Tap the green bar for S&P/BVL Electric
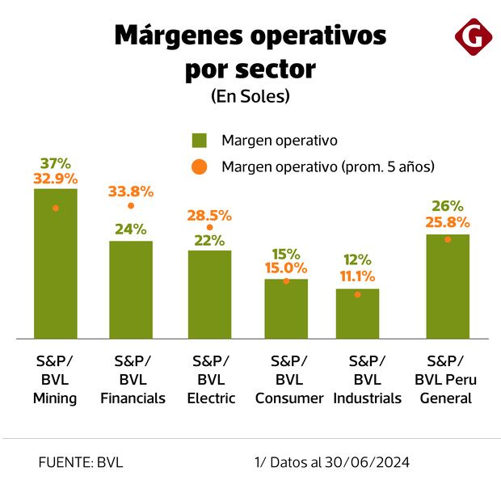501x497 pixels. pyautogui.click(x=209, y=294)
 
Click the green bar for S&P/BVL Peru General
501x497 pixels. pyautogui.click(x=447, y=286)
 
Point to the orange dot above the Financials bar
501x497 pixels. pyautogui.click(x=131, y=206)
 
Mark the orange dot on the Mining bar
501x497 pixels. pyautogui.click(x=56, y=208)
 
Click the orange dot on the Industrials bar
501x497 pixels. pyautogui.click(x=357, y=294)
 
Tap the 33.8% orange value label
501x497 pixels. pyautogui.click(x=131, y=192)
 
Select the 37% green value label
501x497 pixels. pyautogui.click(x=56, y=163)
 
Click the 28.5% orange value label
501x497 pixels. pyautogui.click(x=209, y=216)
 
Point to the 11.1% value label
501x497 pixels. pyautogui.click(x=357, y=276)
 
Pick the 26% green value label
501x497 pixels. pyautogui.click(x=447, y=206)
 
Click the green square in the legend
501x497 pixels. pyautogui.click(x=200, y=140)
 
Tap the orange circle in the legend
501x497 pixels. pyautogui.click(x=200, y=166)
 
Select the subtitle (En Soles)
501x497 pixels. pyautogui.click(x=250, y=95)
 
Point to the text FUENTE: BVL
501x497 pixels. pyautogui.click(x=81, y=463)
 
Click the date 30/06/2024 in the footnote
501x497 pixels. pyautogui.click(x=368, y=463)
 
